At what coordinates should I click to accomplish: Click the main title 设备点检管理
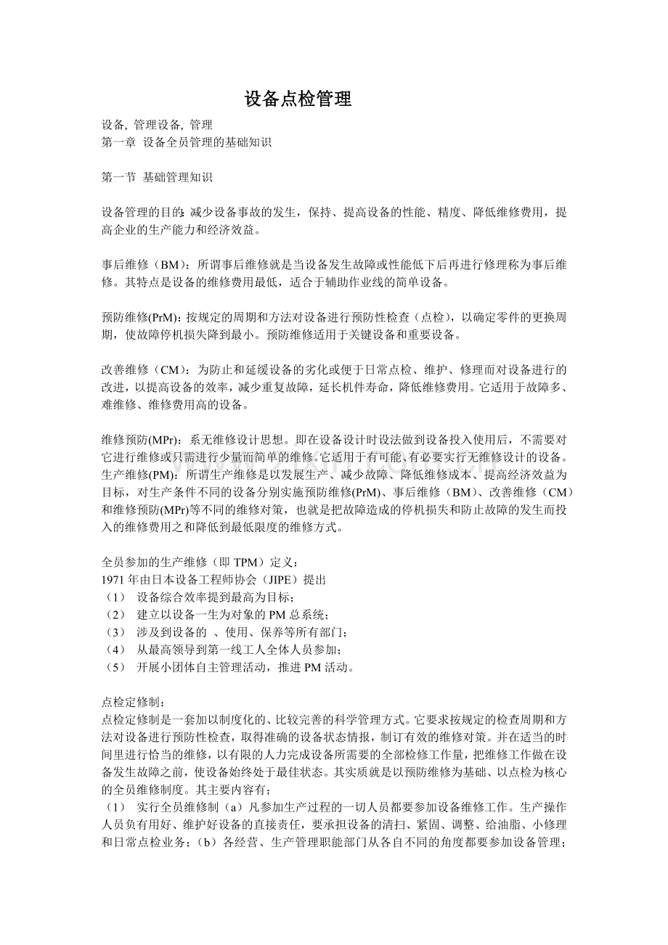pos(298,99)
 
